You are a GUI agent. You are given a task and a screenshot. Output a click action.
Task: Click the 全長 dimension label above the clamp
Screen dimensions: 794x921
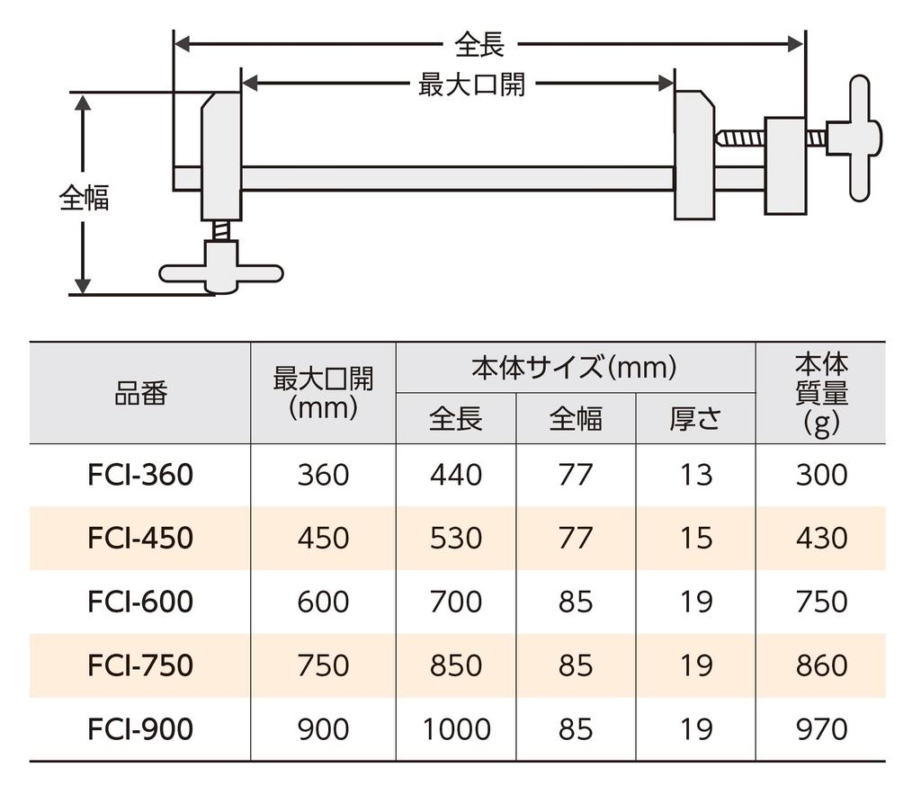(479, 43)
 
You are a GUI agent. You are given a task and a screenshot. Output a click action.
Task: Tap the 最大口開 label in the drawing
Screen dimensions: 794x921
(471, 85)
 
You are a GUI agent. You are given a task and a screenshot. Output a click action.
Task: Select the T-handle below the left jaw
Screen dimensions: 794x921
(220, 272)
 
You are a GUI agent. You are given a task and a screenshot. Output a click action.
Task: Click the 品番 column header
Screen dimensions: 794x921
(140, 394)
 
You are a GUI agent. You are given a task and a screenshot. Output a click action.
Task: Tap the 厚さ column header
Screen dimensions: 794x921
(695, 419)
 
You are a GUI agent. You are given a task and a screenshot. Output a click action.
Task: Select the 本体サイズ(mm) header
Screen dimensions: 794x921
(574, 368)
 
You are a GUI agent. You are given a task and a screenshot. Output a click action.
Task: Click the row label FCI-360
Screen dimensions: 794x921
(140, 475)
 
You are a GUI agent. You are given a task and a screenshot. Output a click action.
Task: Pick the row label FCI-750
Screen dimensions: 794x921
(140, 665)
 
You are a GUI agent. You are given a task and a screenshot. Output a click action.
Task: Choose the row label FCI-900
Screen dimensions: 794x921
(140, 729)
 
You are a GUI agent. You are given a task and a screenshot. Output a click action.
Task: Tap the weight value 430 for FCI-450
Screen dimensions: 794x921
(821, 539)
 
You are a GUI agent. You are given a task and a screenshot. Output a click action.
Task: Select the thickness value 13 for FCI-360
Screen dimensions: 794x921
(695, 475)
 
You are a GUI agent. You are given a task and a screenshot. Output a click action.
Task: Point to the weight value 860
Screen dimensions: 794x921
(821, 665)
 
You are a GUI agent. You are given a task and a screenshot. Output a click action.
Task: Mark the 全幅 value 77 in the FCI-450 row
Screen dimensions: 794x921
(576, 539)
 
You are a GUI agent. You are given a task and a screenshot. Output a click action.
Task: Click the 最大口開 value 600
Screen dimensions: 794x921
(323, 602)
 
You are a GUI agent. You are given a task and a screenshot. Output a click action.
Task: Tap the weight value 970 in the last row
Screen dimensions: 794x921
(821, 729)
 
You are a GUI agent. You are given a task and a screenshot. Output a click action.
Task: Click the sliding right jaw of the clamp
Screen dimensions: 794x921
(694, 156)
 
